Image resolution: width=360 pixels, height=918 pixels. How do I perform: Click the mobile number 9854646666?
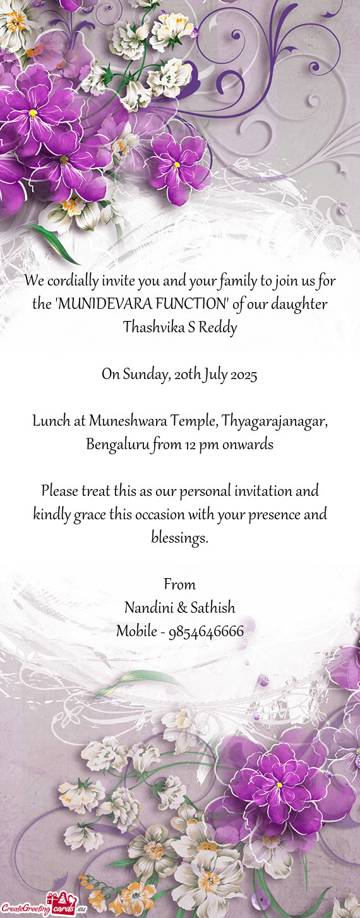point(206,631)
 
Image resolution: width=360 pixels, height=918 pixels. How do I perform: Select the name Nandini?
point(148,608)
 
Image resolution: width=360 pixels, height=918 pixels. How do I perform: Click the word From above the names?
point(179,584)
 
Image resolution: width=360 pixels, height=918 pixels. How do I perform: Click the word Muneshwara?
point(124,421)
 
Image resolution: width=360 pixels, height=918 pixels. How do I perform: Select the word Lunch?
point(51,421)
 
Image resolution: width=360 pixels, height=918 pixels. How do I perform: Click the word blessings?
point(179,538)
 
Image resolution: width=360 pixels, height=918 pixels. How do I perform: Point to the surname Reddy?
point(220,328)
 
